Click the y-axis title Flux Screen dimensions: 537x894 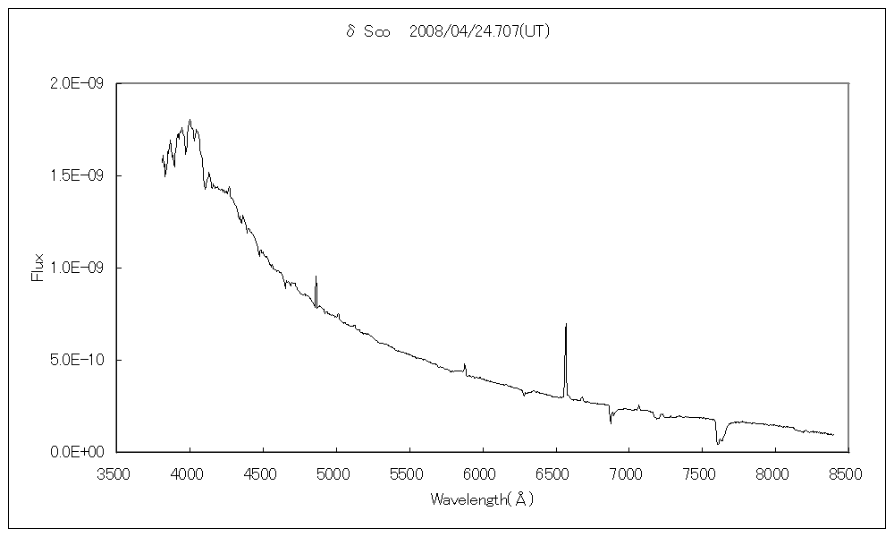pos(38,268)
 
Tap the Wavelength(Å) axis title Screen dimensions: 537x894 pos(482,499)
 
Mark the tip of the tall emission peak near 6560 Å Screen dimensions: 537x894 pos(566,324)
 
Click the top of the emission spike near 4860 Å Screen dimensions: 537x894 pos(316,277)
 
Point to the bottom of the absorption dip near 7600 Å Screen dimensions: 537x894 pos(718,444)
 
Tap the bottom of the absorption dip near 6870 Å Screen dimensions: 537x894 pos(611,422)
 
